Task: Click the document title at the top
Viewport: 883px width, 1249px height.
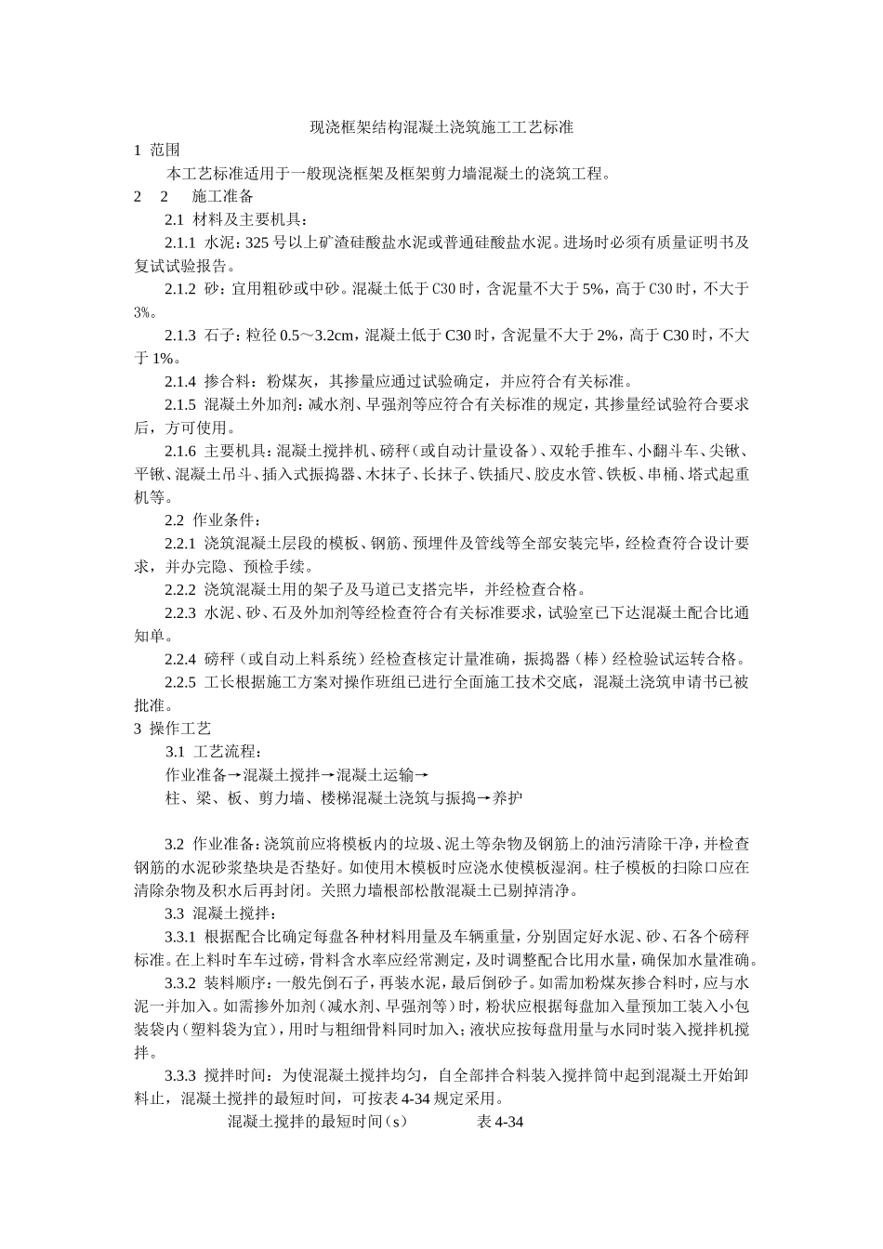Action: tap(441, 127)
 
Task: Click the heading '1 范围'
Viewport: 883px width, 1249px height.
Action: tap(157, 150)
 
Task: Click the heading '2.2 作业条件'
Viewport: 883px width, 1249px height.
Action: tap(213, 519)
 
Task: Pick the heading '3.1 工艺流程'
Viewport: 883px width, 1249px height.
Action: tap(213, 751)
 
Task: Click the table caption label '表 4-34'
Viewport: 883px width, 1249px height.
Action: tap(500, 1122)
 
